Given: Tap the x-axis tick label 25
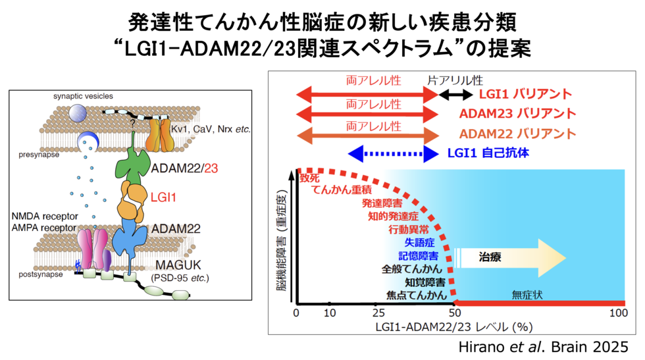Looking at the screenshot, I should coord(378,311).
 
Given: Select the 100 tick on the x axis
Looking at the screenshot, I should coord(617,311).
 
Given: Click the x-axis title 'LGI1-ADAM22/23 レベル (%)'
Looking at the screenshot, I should coord(453,325).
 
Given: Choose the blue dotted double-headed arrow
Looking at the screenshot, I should coord(392,154).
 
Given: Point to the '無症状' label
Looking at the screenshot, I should coord(525,295).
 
